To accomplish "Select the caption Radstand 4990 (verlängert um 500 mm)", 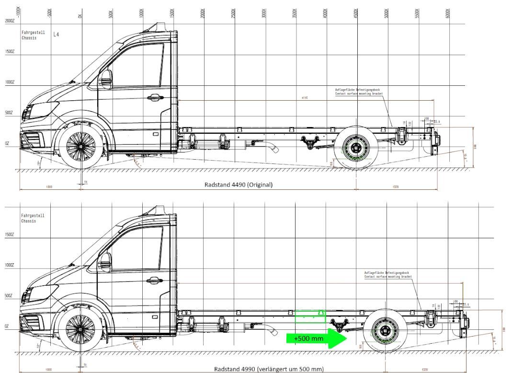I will pos(269,369).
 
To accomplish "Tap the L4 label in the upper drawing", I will pos(57,35).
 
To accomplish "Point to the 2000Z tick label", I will pos(10,21).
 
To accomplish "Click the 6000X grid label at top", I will pos(447,13).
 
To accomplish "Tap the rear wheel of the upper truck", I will pos(356,148).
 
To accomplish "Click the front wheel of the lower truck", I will pos(80,329).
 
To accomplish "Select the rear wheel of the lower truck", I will pos(386,331).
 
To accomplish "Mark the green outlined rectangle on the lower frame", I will pos(310,316).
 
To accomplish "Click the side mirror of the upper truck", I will pos(105,79).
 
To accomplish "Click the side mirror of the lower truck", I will pos(105,263).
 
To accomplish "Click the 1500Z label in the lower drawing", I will pos(10,235).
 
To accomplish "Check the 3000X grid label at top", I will pos(264,13).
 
